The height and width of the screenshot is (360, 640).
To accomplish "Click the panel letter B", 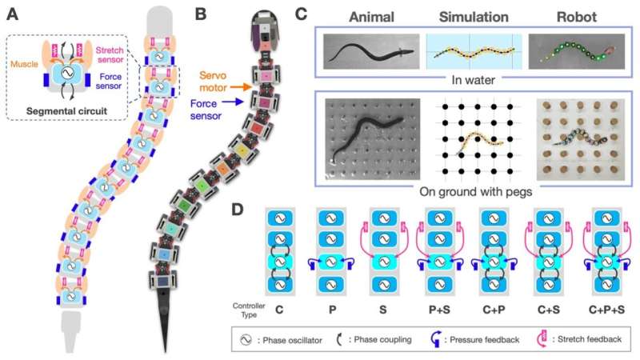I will point(202,14).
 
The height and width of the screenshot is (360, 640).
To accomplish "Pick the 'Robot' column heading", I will point(574,17).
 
